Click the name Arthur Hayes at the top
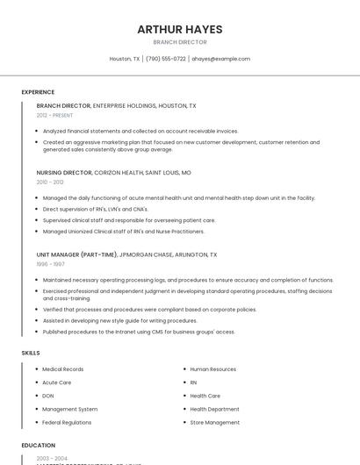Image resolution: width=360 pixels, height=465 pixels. tap(179, 29)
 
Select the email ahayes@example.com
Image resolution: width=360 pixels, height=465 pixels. tap(220, 59)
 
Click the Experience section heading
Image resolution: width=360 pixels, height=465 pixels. tap(38, 92)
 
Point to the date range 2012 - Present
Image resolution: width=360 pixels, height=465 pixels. tap(54, 115)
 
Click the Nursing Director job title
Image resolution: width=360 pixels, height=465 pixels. tap(63, 173)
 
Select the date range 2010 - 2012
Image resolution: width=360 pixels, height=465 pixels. tap(50, 182)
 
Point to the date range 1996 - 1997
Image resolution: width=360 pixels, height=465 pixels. tap(50, 264)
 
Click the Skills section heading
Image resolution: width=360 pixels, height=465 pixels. tap(31, 353)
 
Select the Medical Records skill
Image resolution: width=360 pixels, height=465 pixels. tap(62, 369)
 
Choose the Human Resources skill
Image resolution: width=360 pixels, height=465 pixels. tap(212, 369)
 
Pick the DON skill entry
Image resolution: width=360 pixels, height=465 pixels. tap(47, 396)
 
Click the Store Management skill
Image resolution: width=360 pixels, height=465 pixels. tap(214, 422)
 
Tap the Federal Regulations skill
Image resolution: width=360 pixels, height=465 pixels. tap(66, 422)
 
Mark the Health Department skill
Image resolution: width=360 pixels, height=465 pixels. tap(214, 409)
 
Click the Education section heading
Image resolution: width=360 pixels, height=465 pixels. tap(38, 446)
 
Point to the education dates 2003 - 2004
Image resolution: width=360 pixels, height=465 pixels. tap(51, 459)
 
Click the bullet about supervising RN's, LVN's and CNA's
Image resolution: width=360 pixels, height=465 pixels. tap(95, 209)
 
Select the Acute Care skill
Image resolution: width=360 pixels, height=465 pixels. tap(56, 383)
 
